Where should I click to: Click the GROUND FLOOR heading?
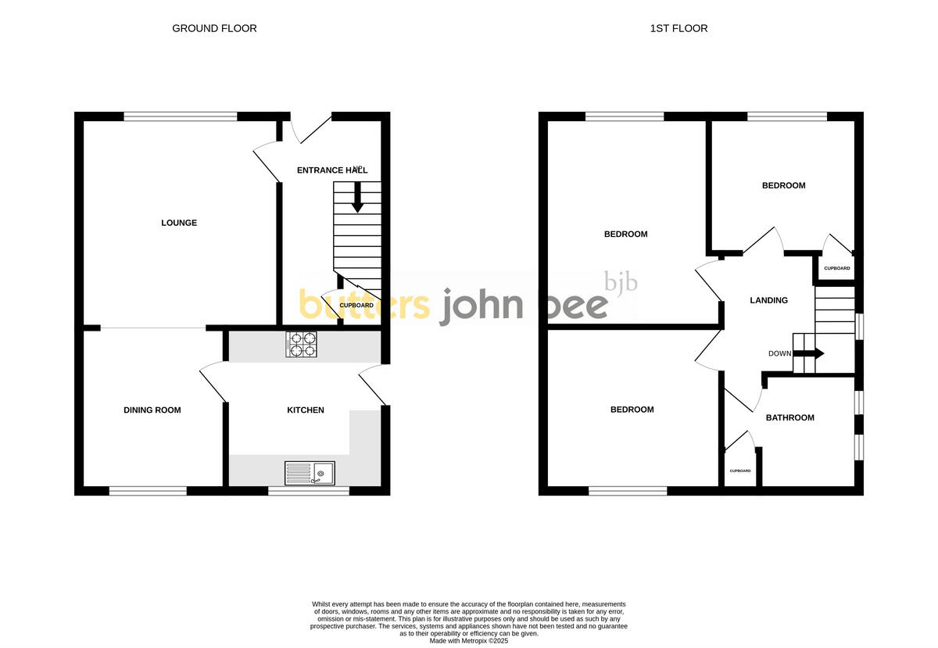click(214, 28)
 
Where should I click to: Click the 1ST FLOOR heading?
click(678, 28)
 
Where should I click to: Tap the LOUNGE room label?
click(179, 223)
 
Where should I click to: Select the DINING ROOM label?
click(152, 410)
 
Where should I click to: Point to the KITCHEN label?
click(306, 410)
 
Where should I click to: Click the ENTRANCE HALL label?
click(331, 170)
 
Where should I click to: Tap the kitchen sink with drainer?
click(309, 472)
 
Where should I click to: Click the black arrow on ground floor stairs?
click(357, 199)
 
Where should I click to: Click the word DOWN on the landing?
click(779, 353)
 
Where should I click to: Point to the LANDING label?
click(768, 300)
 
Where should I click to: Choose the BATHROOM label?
click(789, 417)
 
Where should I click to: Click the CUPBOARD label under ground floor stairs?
click(356, 305)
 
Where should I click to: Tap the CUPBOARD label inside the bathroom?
click(740, 471)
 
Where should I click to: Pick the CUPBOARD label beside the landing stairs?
click(836, 268)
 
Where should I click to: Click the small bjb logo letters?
click(621, 282)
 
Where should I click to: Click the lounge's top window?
click(180, 116)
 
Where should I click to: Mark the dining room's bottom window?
click(148, 491)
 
